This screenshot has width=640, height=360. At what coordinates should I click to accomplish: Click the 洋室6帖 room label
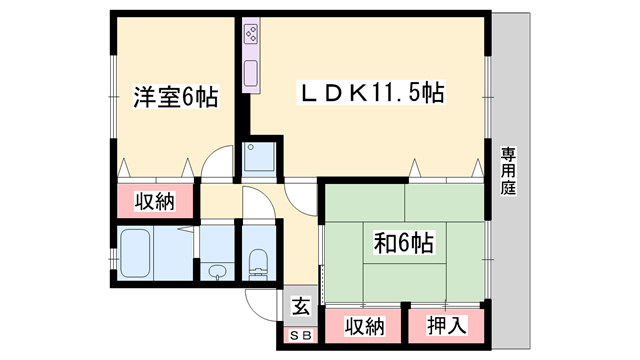click(174, 99)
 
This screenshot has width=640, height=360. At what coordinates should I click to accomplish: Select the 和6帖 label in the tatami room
click(403, 241)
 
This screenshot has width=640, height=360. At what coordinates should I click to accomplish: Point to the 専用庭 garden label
click(508, 171)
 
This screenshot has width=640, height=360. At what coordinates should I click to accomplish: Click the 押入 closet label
click(445, 325)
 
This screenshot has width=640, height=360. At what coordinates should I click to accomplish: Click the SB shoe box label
click(300, 334)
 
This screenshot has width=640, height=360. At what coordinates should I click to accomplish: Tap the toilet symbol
click(257, 263)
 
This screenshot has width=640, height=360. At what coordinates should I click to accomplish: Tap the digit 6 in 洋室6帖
click(189, 99)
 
